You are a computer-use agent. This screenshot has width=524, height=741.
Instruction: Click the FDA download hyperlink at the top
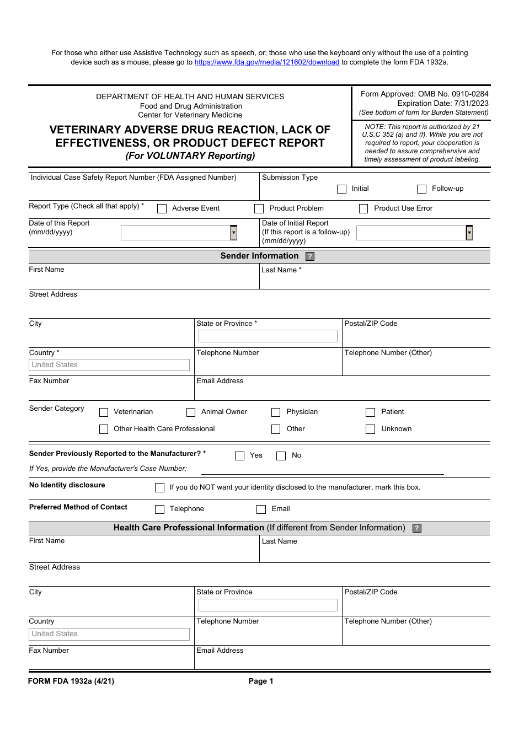tap(266, 62)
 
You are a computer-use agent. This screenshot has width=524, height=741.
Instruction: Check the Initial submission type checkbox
tap(342, 189)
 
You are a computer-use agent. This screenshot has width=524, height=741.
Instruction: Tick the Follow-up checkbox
tap(422, 189)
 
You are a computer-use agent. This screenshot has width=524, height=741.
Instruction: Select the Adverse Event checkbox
tap(162, 209)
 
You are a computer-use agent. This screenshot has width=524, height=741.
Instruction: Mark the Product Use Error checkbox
tap(363, 209)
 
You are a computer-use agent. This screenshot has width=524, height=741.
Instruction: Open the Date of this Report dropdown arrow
tap(234, 233)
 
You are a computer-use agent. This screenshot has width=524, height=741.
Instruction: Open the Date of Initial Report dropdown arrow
tap(469, 233)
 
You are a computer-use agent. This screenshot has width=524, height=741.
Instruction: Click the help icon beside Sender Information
tap(310, 256)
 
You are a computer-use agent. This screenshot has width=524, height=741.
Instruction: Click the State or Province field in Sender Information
tap(268, 336)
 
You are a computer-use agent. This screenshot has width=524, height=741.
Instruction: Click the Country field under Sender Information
tap(109, 365)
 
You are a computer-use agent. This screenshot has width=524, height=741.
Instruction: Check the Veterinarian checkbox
tap(104, 412)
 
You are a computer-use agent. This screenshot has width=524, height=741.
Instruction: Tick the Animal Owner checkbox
tap(191, 412)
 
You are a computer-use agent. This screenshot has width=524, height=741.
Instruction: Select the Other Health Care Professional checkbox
tap(104, 429)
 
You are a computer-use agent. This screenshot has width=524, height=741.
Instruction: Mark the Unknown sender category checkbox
tap(371, 429)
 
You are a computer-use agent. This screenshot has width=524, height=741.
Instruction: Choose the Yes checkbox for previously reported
tap(239, 456)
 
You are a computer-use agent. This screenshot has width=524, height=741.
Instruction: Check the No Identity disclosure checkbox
tap(160, 488)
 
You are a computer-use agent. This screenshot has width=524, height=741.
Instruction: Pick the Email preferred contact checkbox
tap(261, 509)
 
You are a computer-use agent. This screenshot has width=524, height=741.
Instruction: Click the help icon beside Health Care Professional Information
tap(417, 528)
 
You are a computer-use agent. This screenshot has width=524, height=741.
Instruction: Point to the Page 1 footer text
tap(261, 681)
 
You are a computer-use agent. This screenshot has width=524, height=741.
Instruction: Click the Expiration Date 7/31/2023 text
tap(442, 103)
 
